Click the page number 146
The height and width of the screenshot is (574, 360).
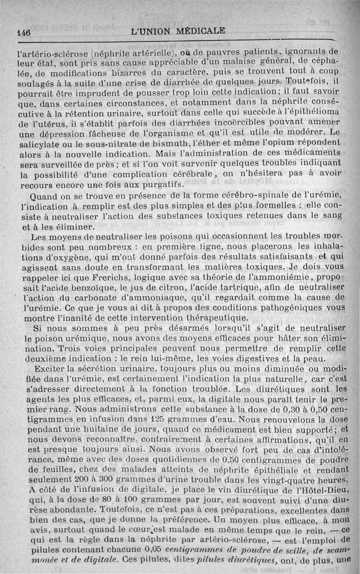coord(23,32)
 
